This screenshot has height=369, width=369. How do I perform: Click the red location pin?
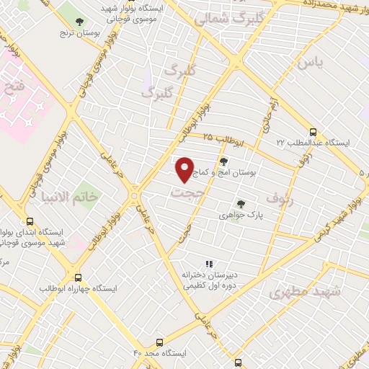click(184, 169)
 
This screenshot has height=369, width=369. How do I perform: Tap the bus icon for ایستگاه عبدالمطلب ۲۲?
click(312, 133)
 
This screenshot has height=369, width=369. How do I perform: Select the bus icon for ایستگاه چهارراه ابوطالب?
click(78, 277)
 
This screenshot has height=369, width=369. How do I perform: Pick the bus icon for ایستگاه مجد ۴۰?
click(159, 343)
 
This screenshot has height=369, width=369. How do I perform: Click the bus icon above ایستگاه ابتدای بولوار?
click(30, 221)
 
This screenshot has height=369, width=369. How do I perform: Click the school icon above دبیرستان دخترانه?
click(209, 264)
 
